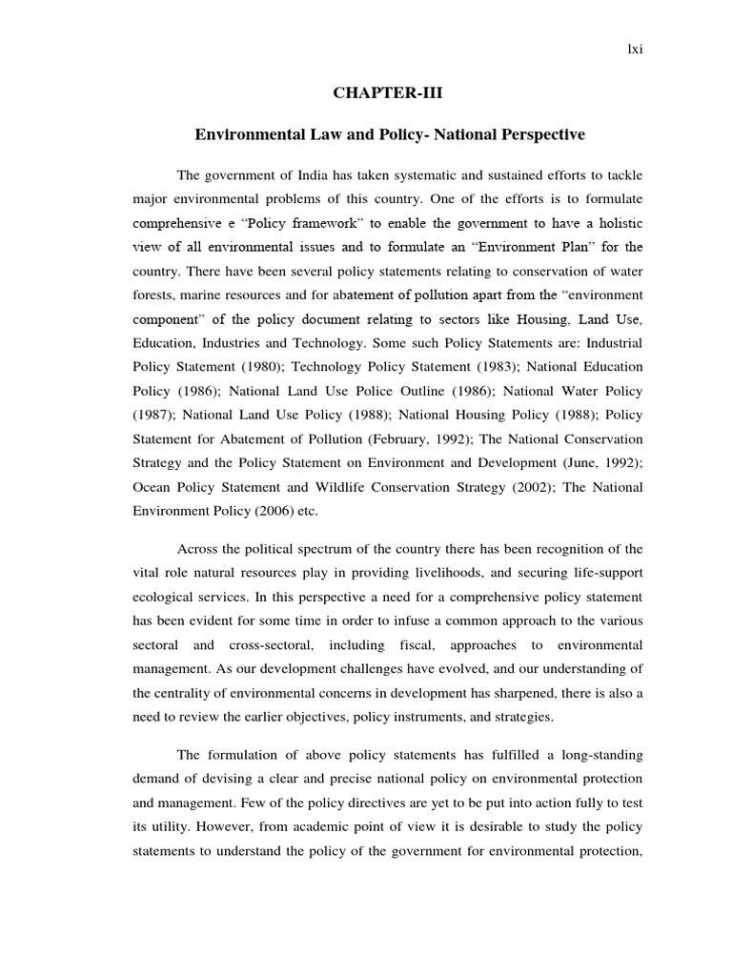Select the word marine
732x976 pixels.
click(x=205, y=295)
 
